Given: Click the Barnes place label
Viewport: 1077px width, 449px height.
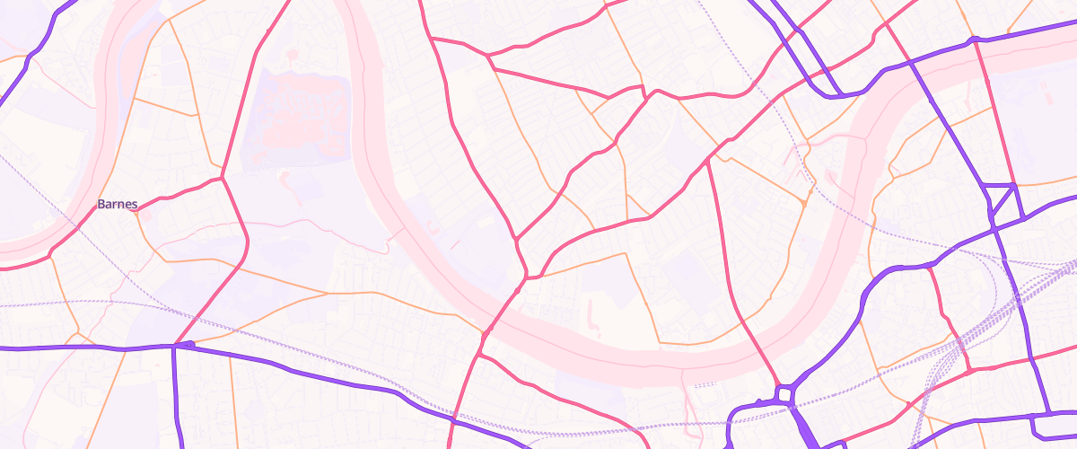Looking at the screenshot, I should [118, 205].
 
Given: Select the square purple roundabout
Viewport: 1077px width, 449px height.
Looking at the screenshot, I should [785, 393].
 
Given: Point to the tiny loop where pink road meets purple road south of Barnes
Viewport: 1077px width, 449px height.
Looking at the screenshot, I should [184, 344].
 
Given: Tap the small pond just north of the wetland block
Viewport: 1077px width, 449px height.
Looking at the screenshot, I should [292, 56].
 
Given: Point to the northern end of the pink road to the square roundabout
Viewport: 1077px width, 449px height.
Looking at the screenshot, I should [709, 162].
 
